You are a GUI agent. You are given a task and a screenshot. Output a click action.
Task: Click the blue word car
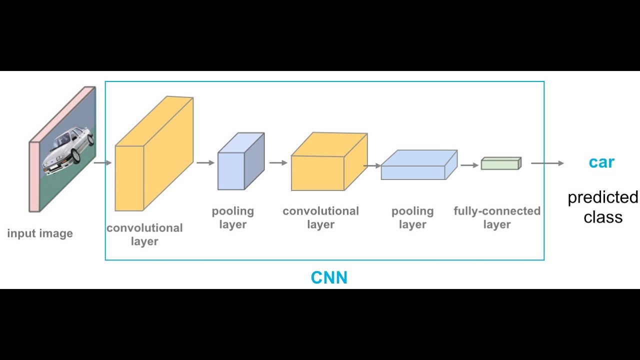(601, 162)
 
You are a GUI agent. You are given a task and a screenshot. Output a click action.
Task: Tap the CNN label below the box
(329, 277)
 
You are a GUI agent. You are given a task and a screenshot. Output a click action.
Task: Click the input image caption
(40, 233)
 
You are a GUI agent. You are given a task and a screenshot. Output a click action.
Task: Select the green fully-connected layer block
(500, 163)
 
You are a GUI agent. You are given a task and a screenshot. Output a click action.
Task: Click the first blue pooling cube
(240, 162)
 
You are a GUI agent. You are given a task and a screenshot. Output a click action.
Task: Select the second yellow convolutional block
(327, 162)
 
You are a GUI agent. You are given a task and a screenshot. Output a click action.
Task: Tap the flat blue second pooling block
(417, 165)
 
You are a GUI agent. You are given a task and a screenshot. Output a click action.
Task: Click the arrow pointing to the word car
(547, 163)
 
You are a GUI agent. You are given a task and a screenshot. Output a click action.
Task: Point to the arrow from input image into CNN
(102, 162)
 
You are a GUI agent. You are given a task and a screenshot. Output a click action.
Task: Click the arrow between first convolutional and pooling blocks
(205, 162)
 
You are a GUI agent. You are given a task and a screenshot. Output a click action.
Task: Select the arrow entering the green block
(469, 164)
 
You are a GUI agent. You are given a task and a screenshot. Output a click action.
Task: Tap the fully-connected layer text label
(497, 217)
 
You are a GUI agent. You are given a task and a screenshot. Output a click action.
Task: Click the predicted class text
(602, 207)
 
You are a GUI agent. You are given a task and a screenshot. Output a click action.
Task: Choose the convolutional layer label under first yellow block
(144, 234)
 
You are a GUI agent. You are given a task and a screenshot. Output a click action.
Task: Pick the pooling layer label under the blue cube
(232, 217)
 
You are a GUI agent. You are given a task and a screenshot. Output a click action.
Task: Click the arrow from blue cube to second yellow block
(278, 162)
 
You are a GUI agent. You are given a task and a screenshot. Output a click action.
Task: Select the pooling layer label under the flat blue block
(412, 217)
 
